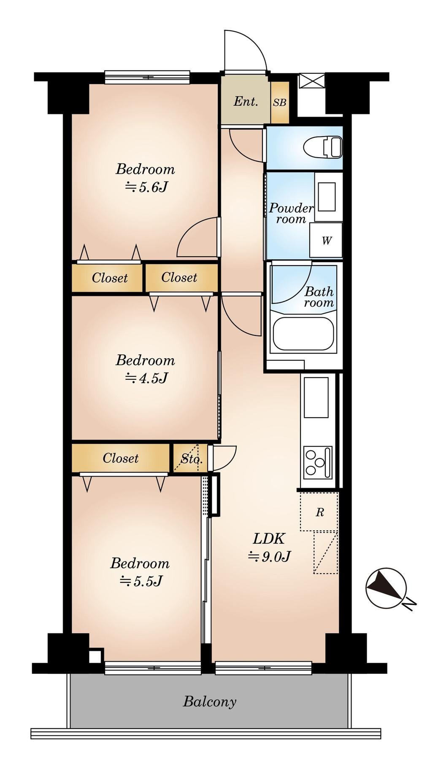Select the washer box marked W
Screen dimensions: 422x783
pyautogui.click(x=326, y=240)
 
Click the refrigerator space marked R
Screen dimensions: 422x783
pyautogui.click(x=319, y=512)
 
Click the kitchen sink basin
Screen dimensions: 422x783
pyautogui.click(x=316, y=397)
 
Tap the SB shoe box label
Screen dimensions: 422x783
pyautogui.click(x=279, y=102)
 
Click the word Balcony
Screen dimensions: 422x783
pyautogui.click(x=209, y=702)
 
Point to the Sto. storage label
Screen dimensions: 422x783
pyautogui.click(x=192, y=458)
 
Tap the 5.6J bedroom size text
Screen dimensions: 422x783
pyautogui.click(x=146, y=187)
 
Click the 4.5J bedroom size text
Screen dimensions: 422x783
pyautogui.click(x=146, y=378)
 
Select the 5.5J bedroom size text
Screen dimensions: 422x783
pyautogui.click(x=141, y=581)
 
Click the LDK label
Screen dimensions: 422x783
pyautogui.click(x=269, y=538)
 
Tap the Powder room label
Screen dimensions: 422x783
pyautogui.click(x=291, y=213)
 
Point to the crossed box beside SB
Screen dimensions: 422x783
pyautogui.click(x=311, y=81)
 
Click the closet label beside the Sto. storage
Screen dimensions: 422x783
pyautogui.click(x=120, y=458)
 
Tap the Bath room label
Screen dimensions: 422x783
pyautogui.click(x=319, y=297)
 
